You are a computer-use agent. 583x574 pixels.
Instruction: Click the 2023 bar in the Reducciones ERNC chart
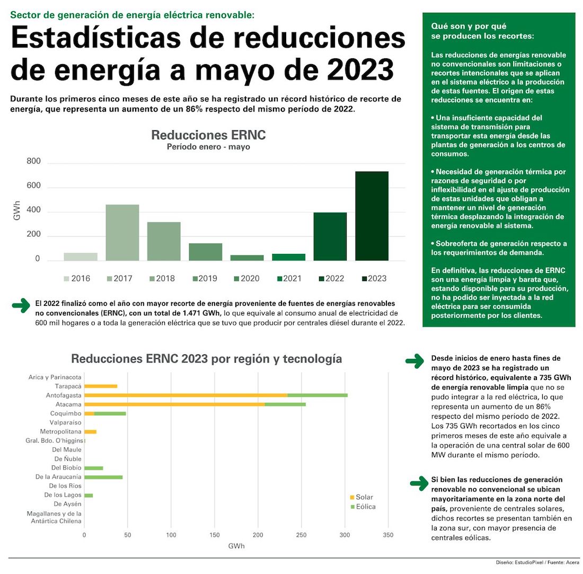(x=372, y=216)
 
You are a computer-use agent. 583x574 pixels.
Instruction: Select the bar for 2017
(x=122, y=233)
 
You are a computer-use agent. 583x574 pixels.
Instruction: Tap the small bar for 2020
(x=247, y=258)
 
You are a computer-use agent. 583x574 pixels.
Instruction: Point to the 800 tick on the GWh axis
(x=33, y=162)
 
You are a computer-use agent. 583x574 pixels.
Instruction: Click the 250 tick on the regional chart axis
(x=302, y=535)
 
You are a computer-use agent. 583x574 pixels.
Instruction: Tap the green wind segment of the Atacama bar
(x=285, y=404)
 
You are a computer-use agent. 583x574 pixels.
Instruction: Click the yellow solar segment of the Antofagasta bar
(x=185, y=395)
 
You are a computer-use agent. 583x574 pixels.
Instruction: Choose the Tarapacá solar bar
(x=101, y=386)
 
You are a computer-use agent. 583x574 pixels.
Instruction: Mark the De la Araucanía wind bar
(x=103, y=477)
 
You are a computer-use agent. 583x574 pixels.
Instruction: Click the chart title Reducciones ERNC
(x=208, y=135)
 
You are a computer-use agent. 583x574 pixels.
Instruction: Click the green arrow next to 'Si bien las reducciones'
(x=420, y=482)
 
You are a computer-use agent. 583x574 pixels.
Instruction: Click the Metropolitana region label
(x=60, y=431)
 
